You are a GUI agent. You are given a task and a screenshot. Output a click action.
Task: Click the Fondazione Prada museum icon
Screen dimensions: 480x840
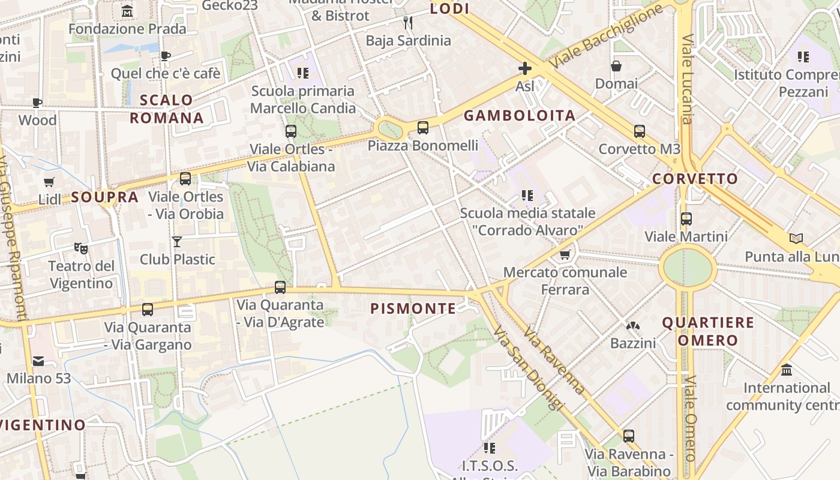pyautogui.click(x=127, y=11)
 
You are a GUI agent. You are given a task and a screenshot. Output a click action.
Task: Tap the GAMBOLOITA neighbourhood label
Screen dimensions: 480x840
pyautogui.click(x=520, y=116)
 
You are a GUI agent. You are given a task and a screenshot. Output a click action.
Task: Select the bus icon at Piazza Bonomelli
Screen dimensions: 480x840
pyautogui.click(x=423, y=127)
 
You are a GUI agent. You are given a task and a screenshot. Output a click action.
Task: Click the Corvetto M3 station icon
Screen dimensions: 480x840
pyautogui.click(x=640, y=131)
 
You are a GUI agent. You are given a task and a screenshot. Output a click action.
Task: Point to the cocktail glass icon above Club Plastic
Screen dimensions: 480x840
pyautogui.click(x=177, y=242)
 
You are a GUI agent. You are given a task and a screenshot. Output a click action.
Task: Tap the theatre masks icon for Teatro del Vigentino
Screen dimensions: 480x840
pyautogui.click(x=81, y=248)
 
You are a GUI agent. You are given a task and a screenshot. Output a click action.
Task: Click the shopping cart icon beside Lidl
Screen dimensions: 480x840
pyautogui.click(x=49, y=182)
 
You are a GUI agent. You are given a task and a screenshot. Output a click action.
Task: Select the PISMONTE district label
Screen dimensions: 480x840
pyautogui.click(x=413, y=308)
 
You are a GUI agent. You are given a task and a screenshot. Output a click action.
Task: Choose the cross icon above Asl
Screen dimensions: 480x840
pyautogui.click(x=525, y=68)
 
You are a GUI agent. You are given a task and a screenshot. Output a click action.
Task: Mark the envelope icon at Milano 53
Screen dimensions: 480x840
pyautogui.click(x=38, y=361)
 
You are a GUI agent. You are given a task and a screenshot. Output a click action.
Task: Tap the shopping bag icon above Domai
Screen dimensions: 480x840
pyautogui.click(x=616, y=66)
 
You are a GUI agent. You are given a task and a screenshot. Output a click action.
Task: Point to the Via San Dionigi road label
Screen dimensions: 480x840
pyautogui.click(x=529, y=368)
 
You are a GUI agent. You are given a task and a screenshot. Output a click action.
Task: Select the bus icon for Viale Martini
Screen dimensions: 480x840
pyautogui.click(x=686, y=219)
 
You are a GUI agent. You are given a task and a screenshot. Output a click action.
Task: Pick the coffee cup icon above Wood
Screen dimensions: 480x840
pyautogui.click(x=37, y=103)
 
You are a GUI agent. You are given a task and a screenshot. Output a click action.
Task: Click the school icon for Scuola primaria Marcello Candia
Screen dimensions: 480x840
pyautogui.click(x=303, y=73)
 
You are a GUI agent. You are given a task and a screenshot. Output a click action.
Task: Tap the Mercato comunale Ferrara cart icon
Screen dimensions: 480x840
pyautogui.click(x=565, y=255)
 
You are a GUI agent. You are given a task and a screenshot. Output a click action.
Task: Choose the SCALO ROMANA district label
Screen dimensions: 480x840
pyautogui.click(x=167, y=109)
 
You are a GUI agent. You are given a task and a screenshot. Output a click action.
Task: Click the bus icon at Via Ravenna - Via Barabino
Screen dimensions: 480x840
pyautogui.click(x=629, y=436)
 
